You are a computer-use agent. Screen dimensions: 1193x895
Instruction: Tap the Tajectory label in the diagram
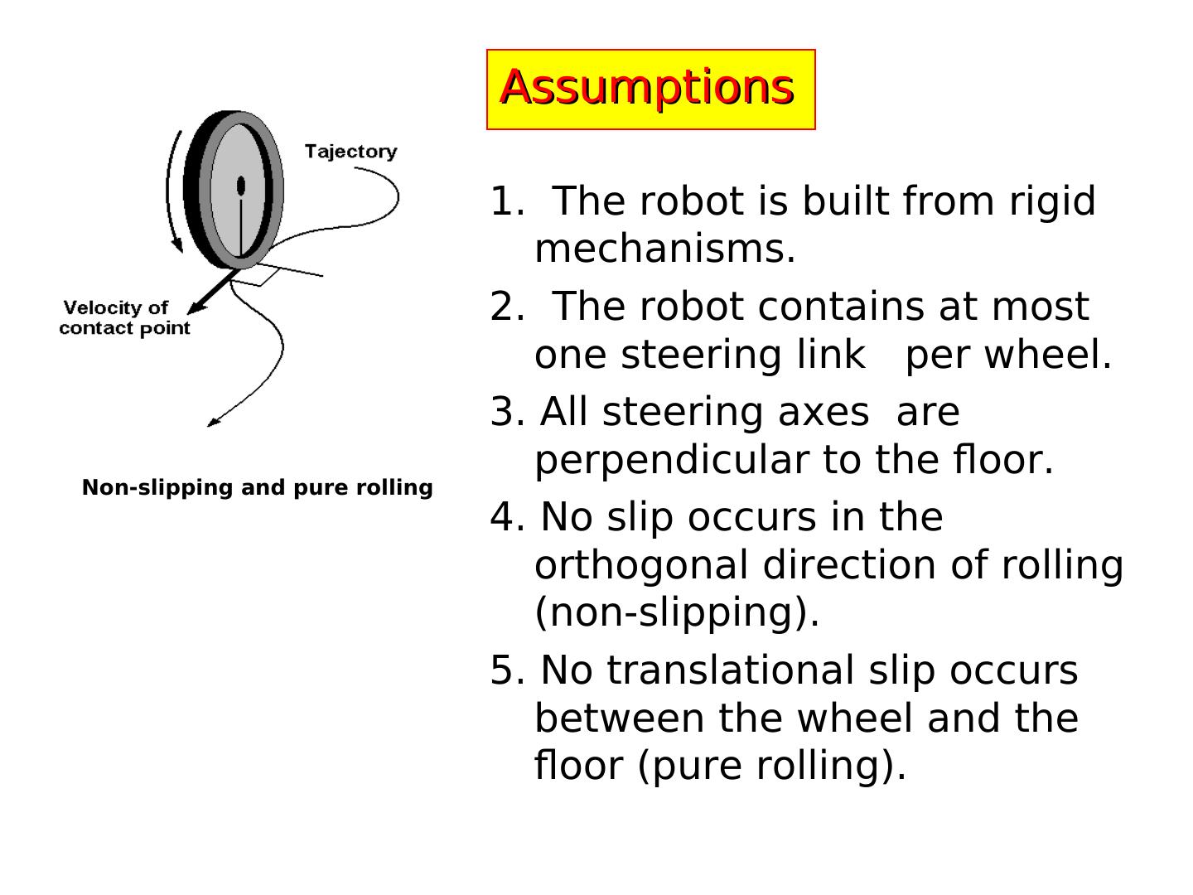[x=350, y=152]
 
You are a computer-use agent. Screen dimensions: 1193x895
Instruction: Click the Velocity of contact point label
[x=124, y=318]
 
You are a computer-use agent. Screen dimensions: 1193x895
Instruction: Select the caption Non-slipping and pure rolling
[x=257, y=487]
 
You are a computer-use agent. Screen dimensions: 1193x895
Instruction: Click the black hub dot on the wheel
[x=241, y=186]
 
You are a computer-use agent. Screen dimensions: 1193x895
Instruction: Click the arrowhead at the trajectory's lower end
[x=213, y=423]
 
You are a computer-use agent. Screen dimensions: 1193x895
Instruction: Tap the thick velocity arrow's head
[x=196, y=308]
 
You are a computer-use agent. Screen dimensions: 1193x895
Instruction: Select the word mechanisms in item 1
[x=664, y=249]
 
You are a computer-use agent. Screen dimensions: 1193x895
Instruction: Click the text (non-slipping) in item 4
[x=676, y=613]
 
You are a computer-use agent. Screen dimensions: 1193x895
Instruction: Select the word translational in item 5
[x=730, y=670]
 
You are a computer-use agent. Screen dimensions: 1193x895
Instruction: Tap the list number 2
[x=504, y=307]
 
